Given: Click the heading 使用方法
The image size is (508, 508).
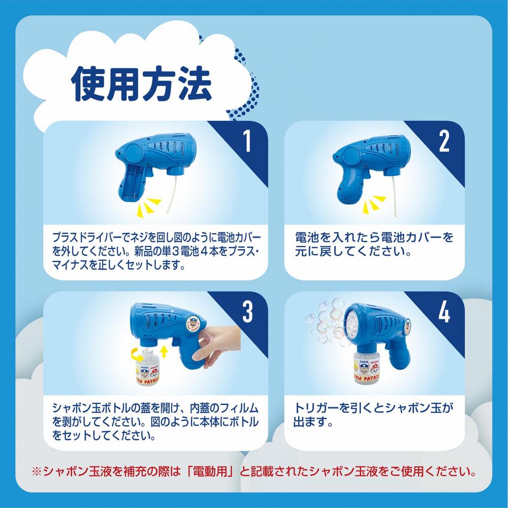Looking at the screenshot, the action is (142, 84).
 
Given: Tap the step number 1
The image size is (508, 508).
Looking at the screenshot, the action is (247, 141).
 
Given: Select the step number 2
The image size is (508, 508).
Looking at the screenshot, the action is (444, 141).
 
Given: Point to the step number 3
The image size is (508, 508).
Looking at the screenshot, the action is (247, 312).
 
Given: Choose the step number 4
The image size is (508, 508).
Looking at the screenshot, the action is (444, 312).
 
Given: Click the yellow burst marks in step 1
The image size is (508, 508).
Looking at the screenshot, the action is (149, 206).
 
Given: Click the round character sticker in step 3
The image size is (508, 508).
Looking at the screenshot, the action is (193, 323).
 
